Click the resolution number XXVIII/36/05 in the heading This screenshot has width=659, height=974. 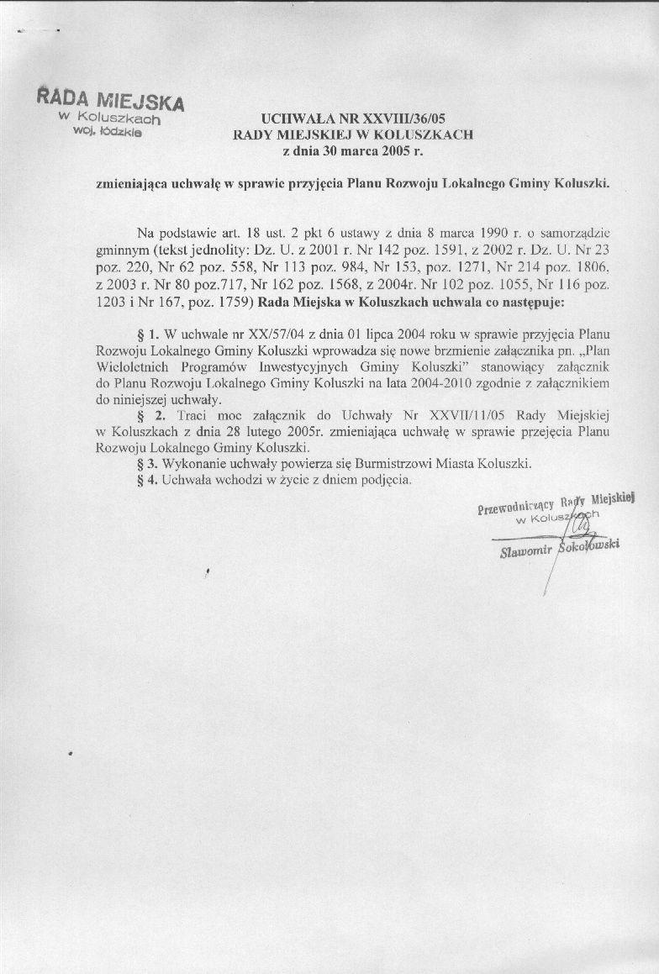pos(397,118)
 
